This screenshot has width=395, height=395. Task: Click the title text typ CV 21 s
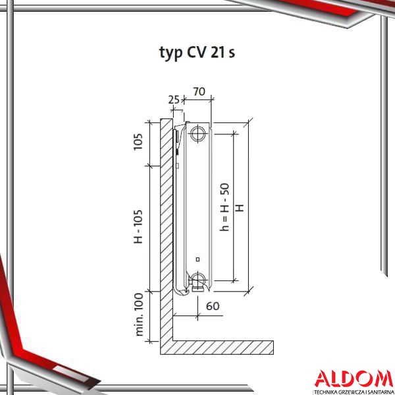pos(197,53)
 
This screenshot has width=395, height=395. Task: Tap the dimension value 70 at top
pos(199,92)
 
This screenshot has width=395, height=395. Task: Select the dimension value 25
pos(174,100)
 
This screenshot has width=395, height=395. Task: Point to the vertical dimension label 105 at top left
pos(138,142)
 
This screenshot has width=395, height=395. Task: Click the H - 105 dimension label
pos(138,226)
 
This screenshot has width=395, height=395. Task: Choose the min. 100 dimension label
pos(139,314)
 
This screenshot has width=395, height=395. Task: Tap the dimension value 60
pos(213,306)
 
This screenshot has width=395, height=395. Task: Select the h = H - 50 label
pos(224,207)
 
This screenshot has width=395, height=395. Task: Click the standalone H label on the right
pos(240,208)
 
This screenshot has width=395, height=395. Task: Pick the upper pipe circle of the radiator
pos(198,133)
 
